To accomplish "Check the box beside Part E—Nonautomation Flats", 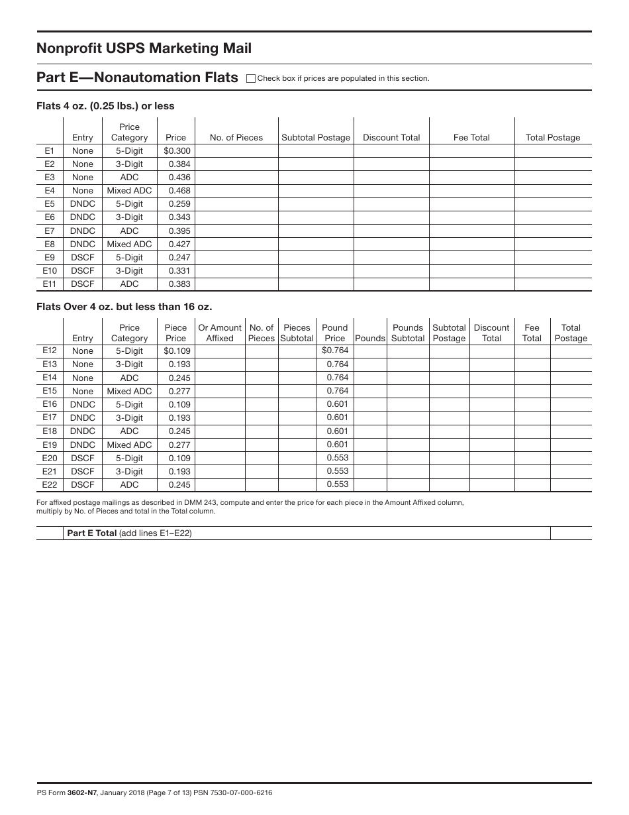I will (x=250, y=78).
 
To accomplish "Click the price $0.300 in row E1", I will (x=177, y=151).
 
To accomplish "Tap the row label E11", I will (x=50, y=284).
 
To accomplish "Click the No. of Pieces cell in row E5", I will (x=236, y=204).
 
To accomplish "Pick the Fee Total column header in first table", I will (x=471, y=138).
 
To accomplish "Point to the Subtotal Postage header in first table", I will (x=316, y=138).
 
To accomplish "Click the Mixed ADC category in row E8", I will (x=129, y=244).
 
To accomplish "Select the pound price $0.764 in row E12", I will (x=335, y=351).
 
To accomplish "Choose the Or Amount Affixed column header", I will (x=220, y=333).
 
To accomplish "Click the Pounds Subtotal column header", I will (x=408, y=333).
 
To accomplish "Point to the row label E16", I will (x=50, y=404).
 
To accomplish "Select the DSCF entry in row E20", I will (x=83, y=458).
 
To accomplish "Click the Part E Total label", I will (x=92, y=533).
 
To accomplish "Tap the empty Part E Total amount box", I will (x=571, y=533).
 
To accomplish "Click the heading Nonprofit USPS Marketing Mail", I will (x=144, y=48).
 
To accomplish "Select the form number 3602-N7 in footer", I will (x=82, y=792).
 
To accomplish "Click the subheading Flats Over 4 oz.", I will (x=124, y=307).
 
